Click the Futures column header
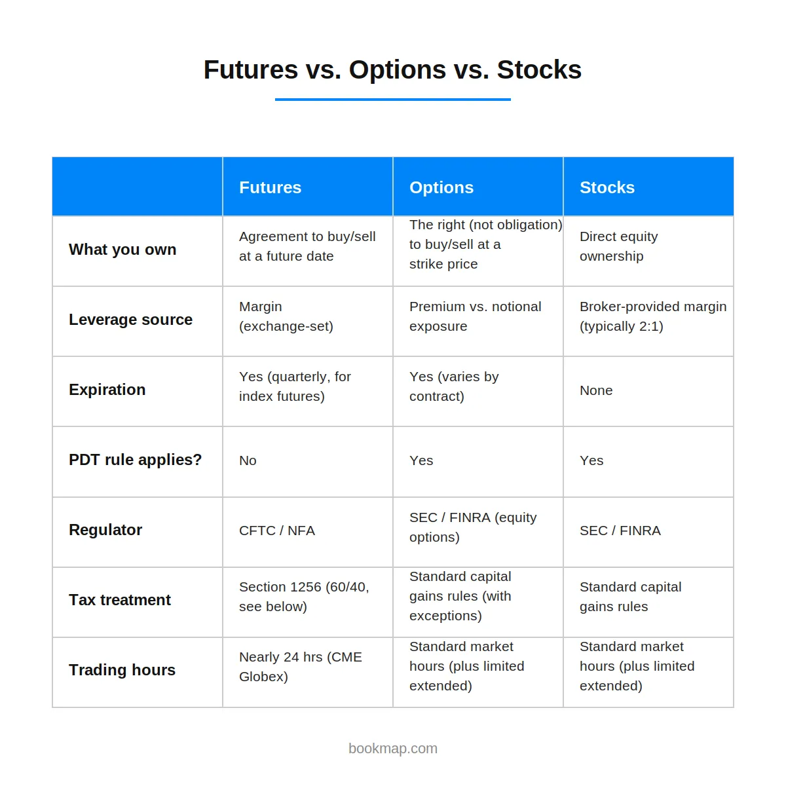[270, 187]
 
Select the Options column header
[441, 187]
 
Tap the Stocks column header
[607, 187]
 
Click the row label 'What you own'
[122, 250]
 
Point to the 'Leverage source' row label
[130, 320]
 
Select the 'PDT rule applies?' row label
[135, 460]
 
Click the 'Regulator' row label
[105, 530]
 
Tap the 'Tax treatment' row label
[119, 600]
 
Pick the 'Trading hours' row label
[122, 670]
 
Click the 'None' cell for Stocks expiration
[596, 390]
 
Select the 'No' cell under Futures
[248, 460]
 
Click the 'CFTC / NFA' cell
[277, 531]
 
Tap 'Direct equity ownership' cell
[619, 246]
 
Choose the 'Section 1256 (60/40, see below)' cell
[304, 597]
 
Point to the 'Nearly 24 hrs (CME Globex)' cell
[300, 667]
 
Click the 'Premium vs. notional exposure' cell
[475, 316]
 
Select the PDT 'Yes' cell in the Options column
[421, 460]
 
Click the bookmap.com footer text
[393, 749]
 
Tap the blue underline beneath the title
[393, 99]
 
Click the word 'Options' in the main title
[398, 69]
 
